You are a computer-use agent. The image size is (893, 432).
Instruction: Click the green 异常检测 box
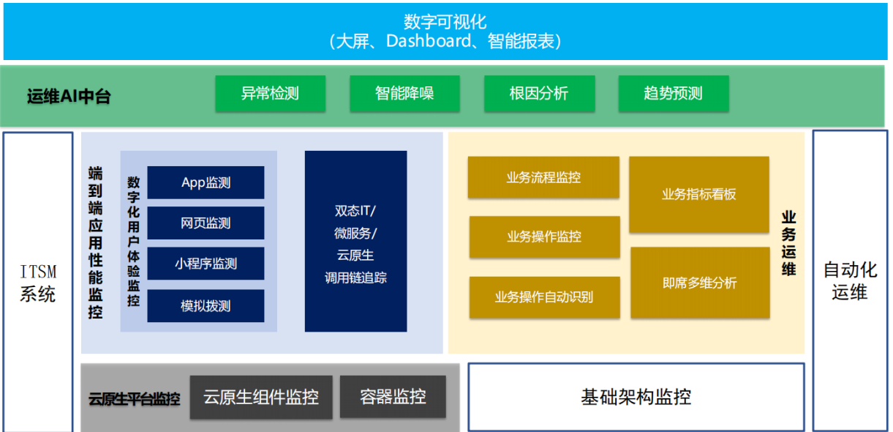coord(271,94)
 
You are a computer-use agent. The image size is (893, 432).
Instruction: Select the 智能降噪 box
coord(404,94)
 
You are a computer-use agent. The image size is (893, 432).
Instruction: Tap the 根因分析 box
coord(540,94)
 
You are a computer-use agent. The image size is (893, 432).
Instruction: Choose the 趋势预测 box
coord(674,94)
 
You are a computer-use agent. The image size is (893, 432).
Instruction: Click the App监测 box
coord(206,182)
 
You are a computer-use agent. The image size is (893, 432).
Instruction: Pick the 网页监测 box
coord(206,223)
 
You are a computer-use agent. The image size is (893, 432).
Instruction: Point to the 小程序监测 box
coord(206,264)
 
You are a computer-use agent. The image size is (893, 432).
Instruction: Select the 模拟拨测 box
coord(206,306)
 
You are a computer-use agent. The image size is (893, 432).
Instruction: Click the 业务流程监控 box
coord(544,177)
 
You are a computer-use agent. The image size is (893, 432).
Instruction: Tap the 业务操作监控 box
coord(545,237)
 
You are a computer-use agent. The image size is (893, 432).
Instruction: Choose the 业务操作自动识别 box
coord(545,297)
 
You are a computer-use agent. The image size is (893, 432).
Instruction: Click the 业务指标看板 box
coord(699,195)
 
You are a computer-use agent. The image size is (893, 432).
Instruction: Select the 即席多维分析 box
coord(700,283)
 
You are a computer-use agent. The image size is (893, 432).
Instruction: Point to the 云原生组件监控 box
coord(261,398)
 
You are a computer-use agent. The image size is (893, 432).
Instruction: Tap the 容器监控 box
coord(393,396)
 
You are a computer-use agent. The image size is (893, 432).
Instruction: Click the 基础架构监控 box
coord(636,397)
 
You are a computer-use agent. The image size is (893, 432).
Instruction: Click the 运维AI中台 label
coord(69,96)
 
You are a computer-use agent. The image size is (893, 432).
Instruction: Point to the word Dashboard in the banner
coord(429,41)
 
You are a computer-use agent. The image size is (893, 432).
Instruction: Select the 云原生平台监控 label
coord(135,399)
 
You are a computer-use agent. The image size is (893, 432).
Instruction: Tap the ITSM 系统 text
coord(38,283)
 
